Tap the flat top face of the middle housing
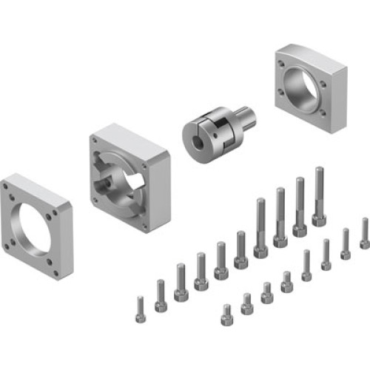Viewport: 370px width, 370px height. [133, 133]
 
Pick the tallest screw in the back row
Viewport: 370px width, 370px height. [319, 196]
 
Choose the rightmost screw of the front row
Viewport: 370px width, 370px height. [364, 233]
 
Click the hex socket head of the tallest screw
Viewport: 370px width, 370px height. [319, 220]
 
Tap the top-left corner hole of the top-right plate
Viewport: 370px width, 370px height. [281, 64]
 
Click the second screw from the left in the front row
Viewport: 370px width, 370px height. [246, 303]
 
